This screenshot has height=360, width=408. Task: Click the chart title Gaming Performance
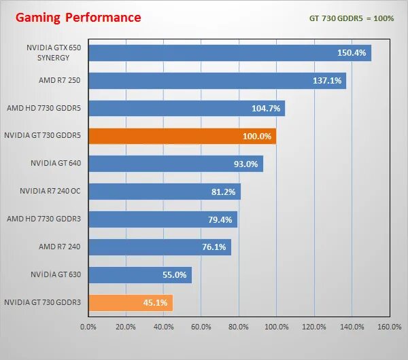point(78,17)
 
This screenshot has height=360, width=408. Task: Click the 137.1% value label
point(326,81)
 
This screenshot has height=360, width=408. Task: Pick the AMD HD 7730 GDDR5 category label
point(44,108)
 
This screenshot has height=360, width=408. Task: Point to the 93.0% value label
point(245,164)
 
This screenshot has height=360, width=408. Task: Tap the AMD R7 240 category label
point(60,247)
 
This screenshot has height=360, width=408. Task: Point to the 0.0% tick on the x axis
point(88,327)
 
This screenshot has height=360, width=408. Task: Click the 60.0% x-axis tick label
point(201,327)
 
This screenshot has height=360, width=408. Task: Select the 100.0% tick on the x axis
point(275,327)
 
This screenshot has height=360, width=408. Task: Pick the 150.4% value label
point(352,53)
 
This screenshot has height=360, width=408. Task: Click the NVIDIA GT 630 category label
point(55,274)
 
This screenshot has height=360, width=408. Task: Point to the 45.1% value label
point(155,302)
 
